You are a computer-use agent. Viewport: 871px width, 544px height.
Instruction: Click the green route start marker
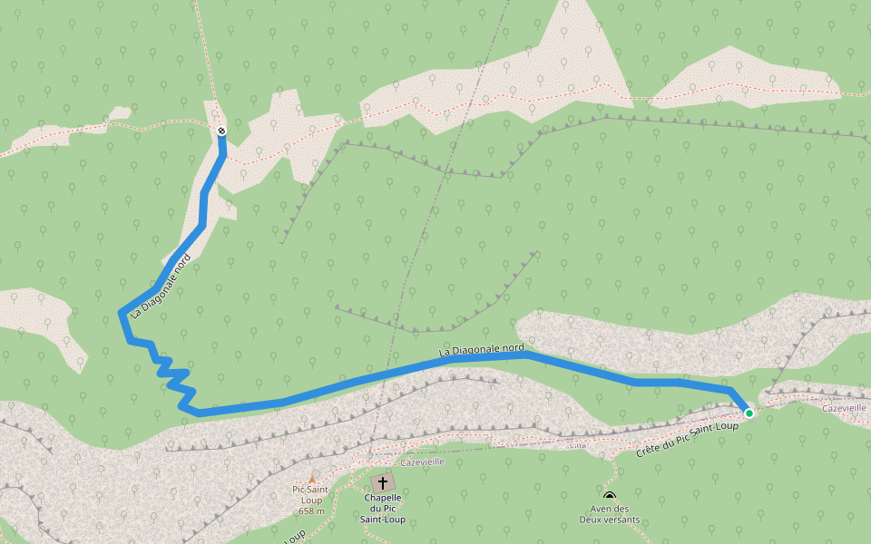(749, 413)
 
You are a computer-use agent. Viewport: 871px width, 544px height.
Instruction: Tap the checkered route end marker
(221, 131)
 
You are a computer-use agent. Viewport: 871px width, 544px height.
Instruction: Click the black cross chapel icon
(383, 482)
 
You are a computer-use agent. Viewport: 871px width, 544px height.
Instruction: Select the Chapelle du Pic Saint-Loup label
(383, 508)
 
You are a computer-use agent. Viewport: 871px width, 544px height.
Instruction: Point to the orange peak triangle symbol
(311, 479)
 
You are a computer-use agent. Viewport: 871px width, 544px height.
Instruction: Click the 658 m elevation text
(311, 510)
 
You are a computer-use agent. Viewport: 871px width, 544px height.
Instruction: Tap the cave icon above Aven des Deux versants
(610, 496)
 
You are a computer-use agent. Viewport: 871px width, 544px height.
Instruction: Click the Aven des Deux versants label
(610, 514)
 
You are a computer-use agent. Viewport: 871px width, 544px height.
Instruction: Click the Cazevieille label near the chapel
(422, 461)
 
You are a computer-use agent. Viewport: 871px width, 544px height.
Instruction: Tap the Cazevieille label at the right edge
(846, 408)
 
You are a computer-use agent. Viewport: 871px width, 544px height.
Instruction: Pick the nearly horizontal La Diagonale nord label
(481, 349)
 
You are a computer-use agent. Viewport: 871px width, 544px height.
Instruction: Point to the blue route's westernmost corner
(121, 312)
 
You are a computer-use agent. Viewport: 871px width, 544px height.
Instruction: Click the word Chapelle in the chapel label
(383, 497)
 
